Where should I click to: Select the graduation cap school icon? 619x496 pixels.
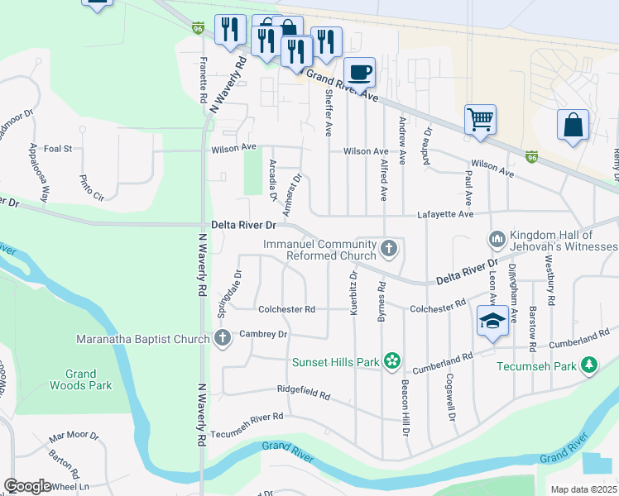pyautogui.click(x=492, y=321)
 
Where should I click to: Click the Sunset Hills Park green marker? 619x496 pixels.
pyautogui.click(x=392, y=361)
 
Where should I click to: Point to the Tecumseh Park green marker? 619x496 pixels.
pyautogui.click(x=589, y=365)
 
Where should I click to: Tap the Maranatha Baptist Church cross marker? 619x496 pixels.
pyautogui.click(x=222, y=337)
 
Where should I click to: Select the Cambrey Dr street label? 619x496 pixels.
pyautogui.click(x=263, y=334)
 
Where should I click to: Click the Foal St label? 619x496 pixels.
pyautogui.click(x=59, y=149)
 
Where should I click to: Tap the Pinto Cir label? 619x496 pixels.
pyautogui.click(x=92, y=188)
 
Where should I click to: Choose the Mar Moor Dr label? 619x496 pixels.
pyautogui.click(x=74, y=436)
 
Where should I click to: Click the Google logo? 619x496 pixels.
pyautogui.click(x=27, y=486)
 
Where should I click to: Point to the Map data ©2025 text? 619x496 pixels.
pyautogui.click(x=584, y=489)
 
